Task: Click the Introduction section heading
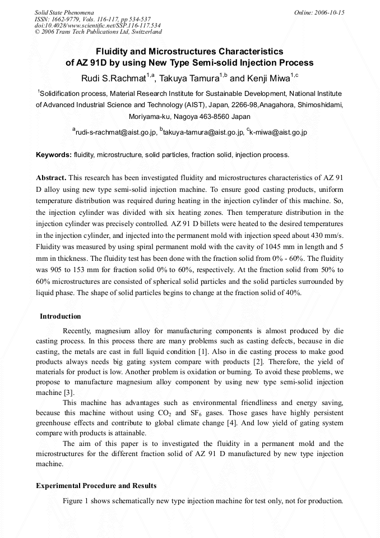pyautogui.click(x=60, y=316)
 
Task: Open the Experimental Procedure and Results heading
pyautogui.click(x=96, y=485)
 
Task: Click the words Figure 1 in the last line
pyautogui.click(x=77, y=501)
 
